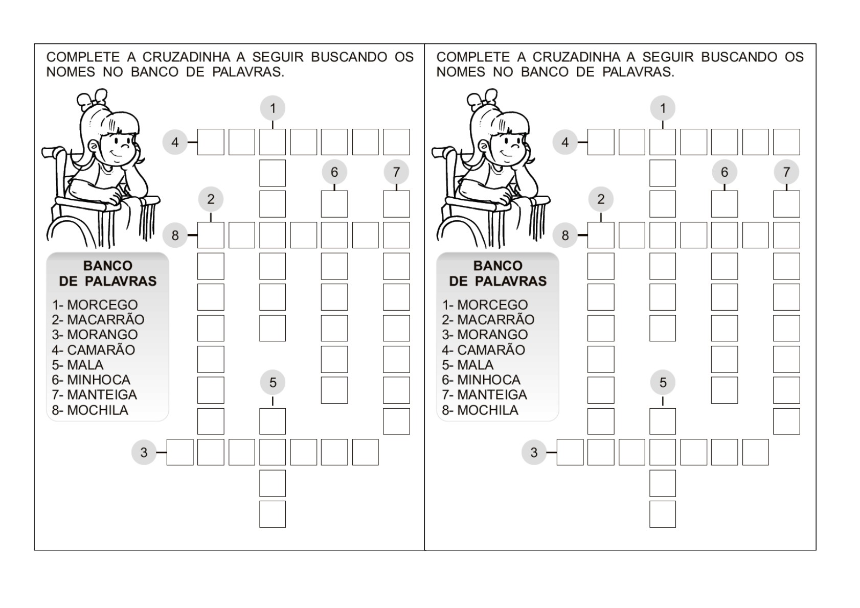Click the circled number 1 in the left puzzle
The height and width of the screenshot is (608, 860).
[273, 108]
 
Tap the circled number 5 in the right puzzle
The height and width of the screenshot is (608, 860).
[663, 383]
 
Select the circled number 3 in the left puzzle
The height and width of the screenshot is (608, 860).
[144, 452]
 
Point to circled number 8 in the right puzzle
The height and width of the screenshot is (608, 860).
[565, 236]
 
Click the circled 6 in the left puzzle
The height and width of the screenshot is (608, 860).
[334, 172]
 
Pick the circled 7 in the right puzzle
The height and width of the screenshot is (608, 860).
[786, 172]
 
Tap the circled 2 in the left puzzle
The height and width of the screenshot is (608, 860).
[211, 199]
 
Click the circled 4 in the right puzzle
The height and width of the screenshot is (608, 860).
[565, 142]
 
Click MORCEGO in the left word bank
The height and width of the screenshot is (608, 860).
[102, 305]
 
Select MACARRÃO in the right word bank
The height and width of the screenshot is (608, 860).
[495, 320]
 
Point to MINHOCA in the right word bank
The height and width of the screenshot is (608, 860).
[488, 380]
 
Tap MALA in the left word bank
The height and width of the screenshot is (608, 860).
[85, 365]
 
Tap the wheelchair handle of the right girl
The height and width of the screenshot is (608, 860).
[440, 151]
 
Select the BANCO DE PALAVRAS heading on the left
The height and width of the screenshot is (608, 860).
[107, 273]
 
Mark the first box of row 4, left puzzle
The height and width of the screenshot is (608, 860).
[211, 142]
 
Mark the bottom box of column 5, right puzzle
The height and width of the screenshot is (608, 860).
[663, 514]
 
